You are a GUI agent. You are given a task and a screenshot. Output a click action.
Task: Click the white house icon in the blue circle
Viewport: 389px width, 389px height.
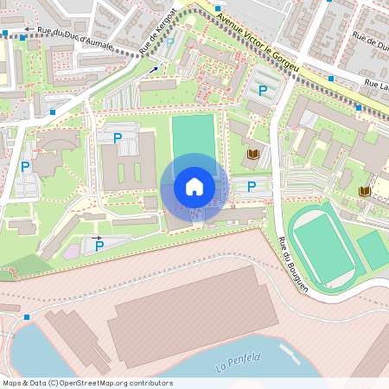click(194, 186)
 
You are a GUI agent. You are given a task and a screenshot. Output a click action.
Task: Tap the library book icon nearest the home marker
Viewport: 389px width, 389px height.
click(253, 155)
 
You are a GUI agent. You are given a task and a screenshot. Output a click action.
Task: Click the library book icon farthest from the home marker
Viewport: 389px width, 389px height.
click(365, 189)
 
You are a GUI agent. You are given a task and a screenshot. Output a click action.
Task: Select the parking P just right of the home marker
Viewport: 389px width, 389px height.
click(252, 186)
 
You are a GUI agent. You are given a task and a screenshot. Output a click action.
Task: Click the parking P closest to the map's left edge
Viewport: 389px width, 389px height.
click(25, 167)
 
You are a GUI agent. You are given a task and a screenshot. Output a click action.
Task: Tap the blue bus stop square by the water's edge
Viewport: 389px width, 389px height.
click(27, 317)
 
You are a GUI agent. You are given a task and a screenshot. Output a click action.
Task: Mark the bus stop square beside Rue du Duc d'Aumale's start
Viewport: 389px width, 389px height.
click(6, 35)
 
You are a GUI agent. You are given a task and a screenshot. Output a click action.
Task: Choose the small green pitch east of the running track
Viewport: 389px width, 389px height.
click(373, 250)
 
